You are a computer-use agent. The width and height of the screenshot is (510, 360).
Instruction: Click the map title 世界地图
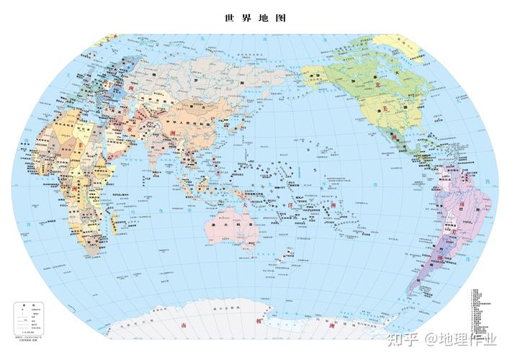[255, 18]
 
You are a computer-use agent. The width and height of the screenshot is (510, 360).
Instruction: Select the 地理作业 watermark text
[468, 338]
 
